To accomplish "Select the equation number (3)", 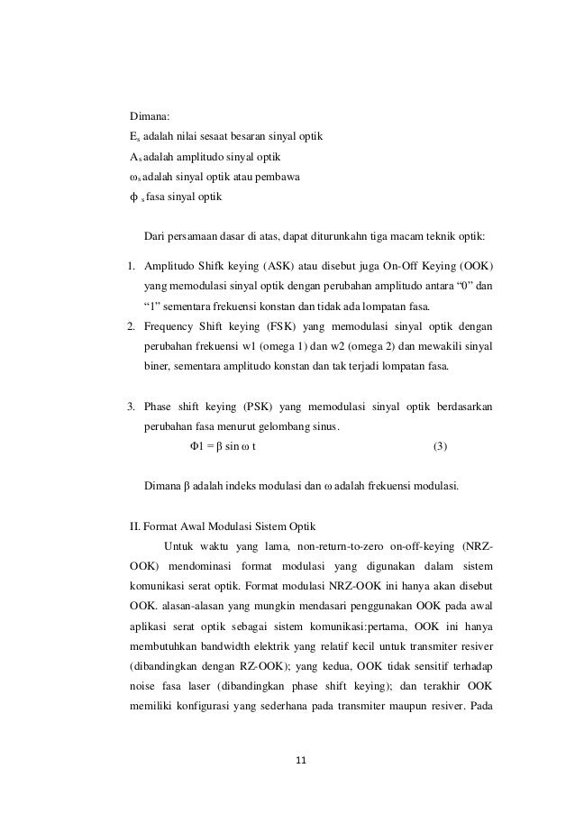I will click(440, 446).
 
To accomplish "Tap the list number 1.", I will click(131, 268).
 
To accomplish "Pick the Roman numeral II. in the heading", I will click(136, 526).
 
